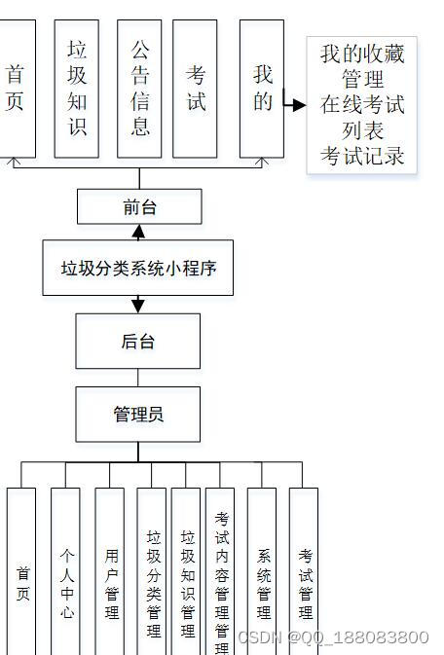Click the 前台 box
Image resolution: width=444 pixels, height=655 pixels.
(x=139, y=206)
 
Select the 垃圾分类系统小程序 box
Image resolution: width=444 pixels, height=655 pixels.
(x=137, y=268)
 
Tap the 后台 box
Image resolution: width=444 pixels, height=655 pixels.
(x=137, y=341)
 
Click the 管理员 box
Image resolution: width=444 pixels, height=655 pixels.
(x=137, y=415)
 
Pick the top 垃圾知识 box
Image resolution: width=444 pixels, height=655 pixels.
(x=76, y=89)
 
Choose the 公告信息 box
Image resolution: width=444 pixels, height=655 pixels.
(x=139, y=89)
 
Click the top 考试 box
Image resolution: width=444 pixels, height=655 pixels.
(x=195, y=89)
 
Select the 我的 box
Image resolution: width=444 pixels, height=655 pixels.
(x=262, y=89)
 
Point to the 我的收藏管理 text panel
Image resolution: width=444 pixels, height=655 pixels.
(x=361, y=105)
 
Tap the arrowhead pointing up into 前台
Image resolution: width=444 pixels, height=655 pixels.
(x=138, y=232)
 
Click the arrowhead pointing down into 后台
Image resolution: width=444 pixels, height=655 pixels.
(x=138, y=306)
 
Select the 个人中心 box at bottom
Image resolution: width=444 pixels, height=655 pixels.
(x=65, y=574)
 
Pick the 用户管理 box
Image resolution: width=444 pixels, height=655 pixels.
(x=110, y=574)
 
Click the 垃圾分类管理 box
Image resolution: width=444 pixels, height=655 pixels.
(x=152, y=574)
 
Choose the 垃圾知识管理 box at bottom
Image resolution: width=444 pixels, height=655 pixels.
(x=186, y=574)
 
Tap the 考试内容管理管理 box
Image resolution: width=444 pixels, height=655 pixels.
(x=220, y=574)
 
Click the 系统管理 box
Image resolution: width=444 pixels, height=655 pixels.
(x=262, y=574)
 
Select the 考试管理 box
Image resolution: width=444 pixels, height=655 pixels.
(x=304, y=574)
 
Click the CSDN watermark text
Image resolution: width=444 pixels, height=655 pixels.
(x=333, y=637)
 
